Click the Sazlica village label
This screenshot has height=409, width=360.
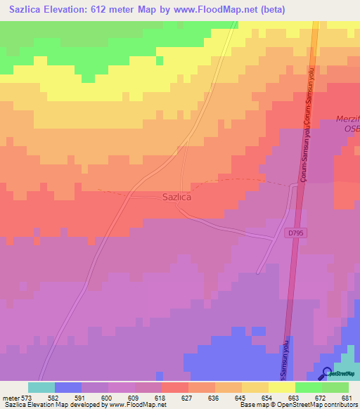177,198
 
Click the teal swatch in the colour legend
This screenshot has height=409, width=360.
41,387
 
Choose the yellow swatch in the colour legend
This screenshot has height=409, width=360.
282,387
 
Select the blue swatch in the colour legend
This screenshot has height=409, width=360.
68,387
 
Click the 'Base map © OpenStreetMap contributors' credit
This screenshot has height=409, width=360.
298,405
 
